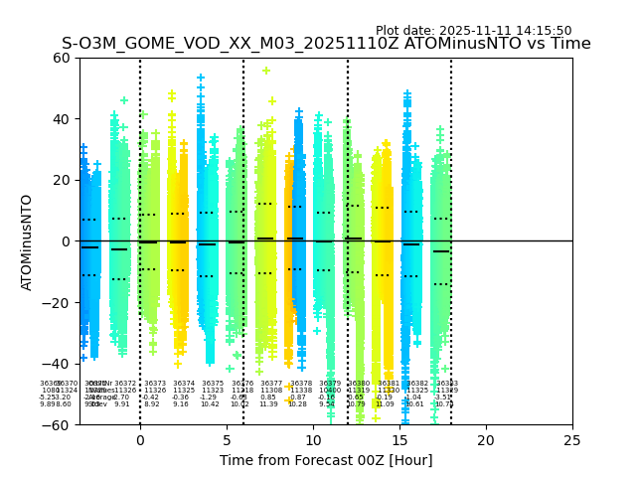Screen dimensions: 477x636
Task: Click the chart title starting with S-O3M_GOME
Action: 326,44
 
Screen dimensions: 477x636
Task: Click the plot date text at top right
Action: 473,31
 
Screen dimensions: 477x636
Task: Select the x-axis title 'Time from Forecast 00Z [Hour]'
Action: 326,460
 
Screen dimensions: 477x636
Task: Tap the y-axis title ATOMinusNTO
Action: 27,241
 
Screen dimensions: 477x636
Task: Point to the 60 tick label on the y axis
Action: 62,58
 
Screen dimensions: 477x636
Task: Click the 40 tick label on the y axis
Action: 62,119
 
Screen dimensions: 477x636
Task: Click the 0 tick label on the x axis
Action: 140,440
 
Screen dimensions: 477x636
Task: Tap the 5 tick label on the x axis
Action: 227,440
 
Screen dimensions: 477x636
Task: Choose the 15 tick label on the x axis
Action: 399,440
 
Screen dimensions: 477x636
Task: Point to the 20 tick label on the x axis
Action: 486,440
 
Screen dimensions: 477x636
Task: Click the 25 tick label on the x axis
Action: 572,440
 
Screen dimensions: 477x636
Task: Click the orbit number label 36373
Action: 155,384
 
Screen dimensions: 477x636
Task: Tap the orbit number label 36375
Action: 213,384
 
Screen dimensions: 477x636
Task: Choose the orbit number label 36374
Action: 184,384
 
